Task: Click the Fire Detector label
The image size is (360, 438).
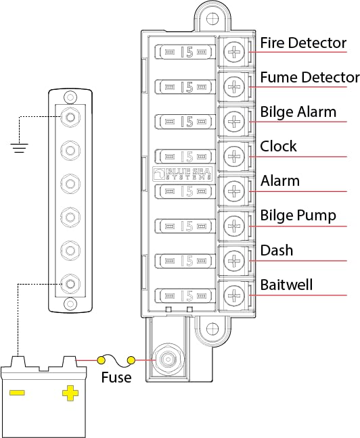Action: point(303,43)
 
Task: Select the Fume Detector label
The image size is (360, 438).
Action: point(309,77)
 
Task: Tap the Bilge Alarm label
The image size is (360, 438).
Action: point(298,112)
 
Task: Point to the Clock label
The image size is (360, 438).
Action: point(279,147)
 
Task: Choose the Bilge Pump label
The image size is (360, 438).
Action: point(297,216)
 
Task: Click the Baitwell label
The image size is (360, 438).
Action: point(287,285)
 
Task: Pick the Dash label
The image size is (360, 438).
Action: point(277,251)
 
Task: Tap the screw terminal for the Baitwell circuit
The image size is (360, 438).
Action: point(234,295)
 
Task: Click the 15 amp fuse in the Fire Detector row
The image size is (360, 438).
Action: point(187,51)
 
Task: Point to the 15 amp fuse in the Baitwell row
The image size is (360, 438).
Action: point(187,295)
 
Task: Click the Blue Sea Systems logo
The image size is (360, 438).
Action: point(187,174)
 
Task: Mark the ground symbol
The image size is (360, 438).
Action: point(20,145)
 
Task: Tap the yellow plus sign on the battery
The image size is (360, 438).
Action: point(69,392)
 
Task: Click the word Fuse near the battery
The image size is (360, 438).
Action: point(116,377)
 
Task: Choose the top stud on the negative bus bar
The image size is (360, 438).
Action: point(70,117)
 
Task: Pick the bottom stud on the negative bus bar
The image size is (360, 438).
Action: point(70,283)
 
